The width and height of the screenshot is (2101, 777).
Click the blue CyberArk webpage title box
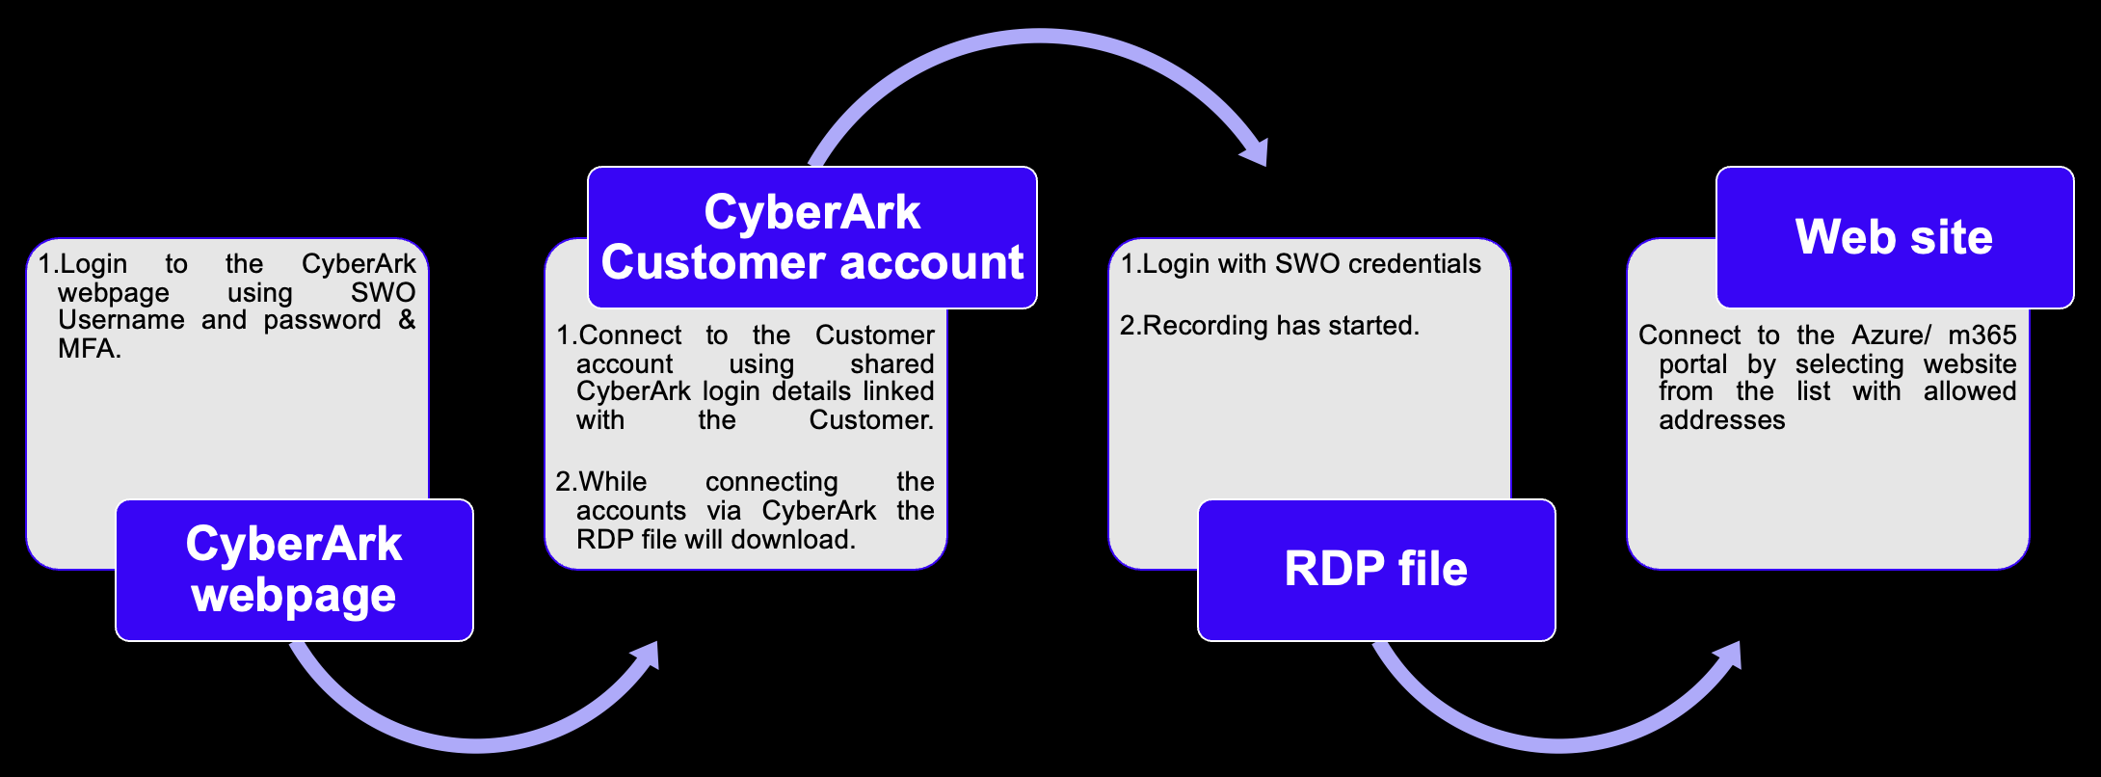point(294,570)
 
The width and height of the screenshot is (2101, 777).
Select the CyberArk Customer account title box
point(811,237)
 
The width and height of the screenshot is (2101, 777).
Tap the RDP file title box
point(1375,570)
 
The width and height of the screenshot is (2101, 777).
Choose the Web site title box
point(1894,237)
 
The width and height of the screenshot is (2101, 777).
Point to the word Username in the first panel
point(120,320)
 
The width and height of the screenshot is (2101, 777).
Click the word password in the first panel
point(322,320)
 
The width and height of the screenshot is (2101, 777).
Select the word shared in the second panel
point(891,364)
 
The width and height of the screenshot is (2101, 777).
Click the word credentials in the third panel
point(1415,264)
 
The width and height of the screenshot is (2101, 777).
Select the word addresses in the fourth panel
point(1721,420)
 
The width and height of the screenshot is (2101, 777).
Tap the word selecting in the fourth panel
point(1848,364)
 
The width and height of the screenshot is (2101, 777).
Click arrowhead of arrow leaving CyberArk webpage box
point(646,657)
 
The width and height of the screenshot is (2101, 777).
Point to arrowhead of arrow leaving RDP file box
point(1729,657)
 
